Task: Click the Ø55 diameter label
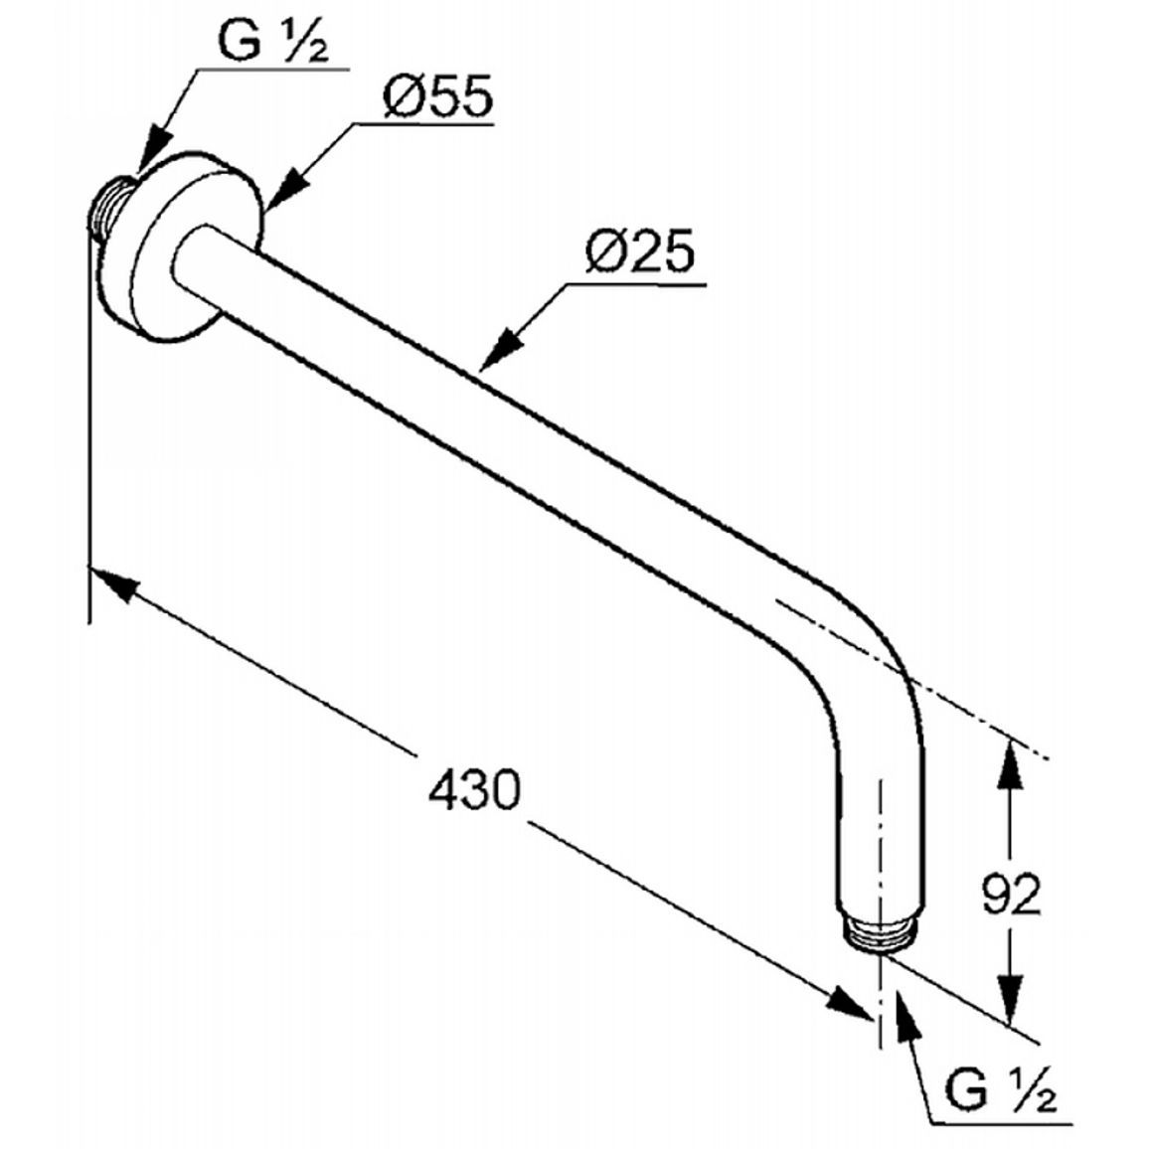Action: (438, 96)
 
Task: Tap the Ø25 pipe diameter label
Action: (640, 251)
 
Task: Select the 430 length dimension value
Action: (474, 789)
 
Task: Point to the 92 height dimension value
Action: (1011, 894)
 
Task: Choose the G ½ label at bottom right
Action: (1000, 1089)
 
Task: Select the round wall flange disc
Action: (194, 247)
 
